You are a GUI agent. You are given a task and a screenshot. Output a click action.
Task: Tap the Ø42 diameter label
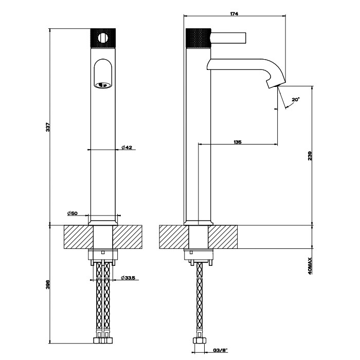point(127,148)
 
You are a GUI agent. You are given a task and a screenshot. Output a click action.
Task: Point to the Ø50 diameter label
point(72,213)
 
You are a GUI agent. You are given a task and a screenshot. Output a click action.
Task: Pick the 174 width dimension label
point(235,14)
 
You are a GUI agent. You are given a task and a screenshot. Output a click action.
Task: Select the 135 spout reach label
point(237,142)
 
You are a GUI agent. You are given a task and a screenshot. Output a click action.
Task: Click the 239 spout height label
point(310,156)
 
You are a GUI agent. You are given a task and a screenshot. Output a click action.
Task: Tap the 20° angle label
point(295,99)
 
